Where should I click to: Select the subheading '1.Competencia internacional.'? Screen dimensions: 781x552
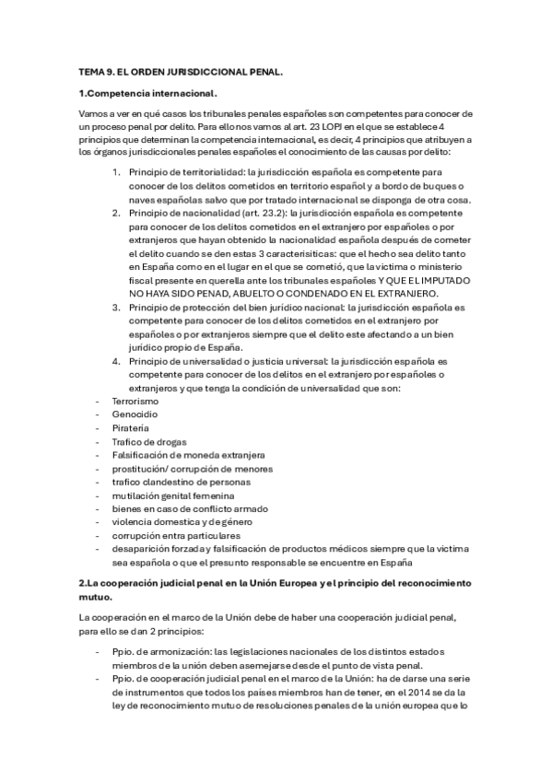coord(147,93)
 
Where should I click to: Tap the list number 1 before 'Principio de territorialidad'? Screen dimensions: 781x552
coord(116,171)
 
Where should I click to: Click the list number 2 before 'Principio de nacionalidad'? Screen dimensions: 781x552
coord(116,212)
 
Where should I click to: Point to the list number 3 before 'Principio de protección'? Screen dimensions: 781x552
coord(116,307)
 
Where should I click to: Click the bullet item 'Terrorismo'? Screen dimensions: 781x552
coord(135,402)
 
